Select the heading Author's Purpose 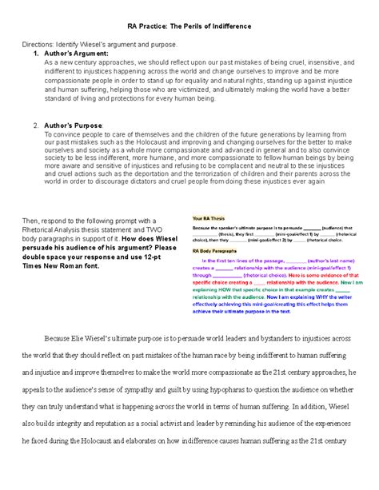pos(77,125)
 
